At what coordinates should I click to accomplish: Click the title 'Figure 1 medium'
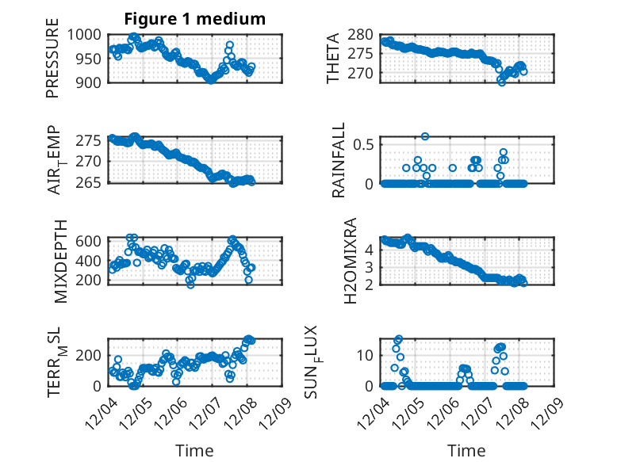[194, 18]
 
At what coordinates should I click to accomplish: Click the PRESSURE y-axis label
[52, 64]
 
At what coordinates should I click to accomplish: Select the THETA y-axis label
[334, 59]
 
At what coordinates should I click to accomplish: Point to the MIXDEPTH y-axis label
[60, 262]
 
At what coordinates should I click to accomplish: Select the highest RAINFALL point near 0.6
[425, 136]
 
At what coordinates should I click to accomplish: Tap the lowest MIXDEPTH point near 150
[190, 284]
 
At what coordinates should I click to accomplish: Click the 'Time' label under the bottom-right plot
[466, 451]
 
